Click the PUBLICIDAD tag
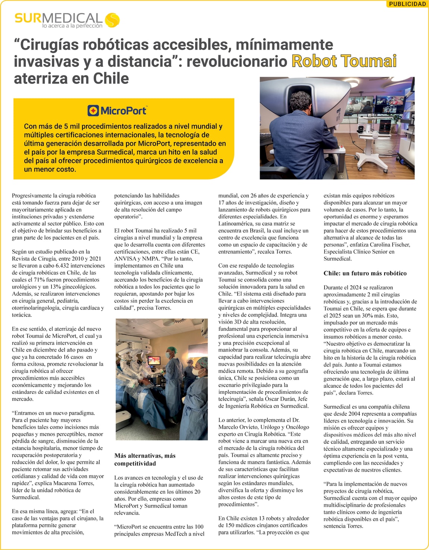(407, 4)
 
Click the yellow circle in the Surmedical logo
(112, 20)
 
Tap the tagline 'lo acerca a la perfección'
(72, 26)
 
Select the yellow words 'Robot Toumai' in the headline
(344, 61)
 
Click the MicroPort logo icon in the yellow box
(93, 111)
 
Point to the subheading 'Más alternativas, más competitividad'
(145, 459)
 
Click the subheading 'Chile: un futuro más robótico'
(365, 273)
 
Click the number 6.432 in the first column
(55, 266)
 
